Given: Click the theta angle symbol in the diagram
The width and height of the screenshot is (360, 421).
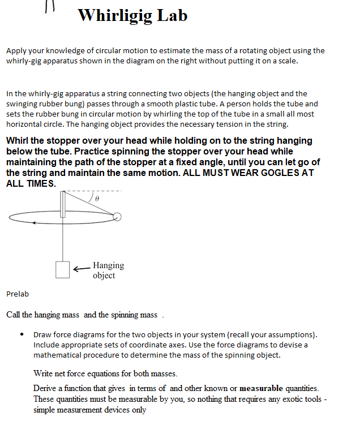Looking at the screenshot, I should click(97, 199).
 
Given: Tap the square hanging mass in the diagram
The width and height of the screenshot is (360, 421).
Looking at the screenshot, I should click(63, 269).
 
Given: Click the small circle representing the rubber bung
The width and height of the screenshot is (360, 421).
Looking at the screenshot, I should click(117, 216).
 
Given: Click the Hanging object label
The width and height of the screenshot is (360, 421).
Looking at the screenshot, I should click(108, 270).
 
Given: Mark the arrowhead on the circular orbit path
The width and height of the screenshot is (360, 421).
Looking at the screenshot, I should click(35, 223).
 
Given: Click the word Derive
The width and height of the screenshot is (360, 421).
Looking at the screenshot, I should click(45, 388).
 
